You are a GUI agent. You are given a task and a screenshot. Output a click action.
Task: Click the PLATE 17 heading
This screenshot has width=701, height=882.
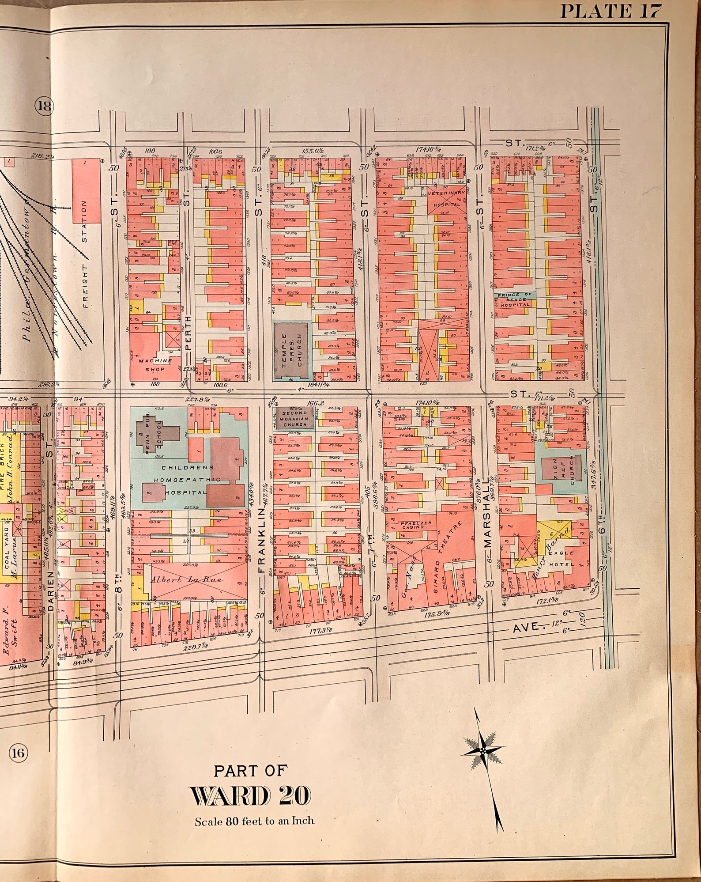(611, 11)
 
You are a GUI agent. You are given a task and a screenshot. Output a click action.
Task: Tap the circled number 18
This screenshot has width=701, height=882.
(44, 106)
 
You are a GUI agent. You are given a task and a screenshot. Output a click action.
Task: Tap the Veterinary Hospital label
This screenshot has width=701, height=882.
(446, 198)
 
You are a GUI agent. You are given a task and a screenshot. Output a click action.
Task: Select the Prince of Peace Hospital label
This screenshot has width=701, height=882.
(514, 299)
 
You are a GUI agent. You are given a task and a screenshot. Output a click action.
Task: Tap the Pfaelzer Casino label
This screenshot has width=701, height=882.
(413, 525)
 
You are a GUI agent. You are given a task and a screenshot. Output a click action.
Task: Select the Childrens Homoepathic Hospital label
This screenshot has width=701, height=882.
(188, 480)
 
